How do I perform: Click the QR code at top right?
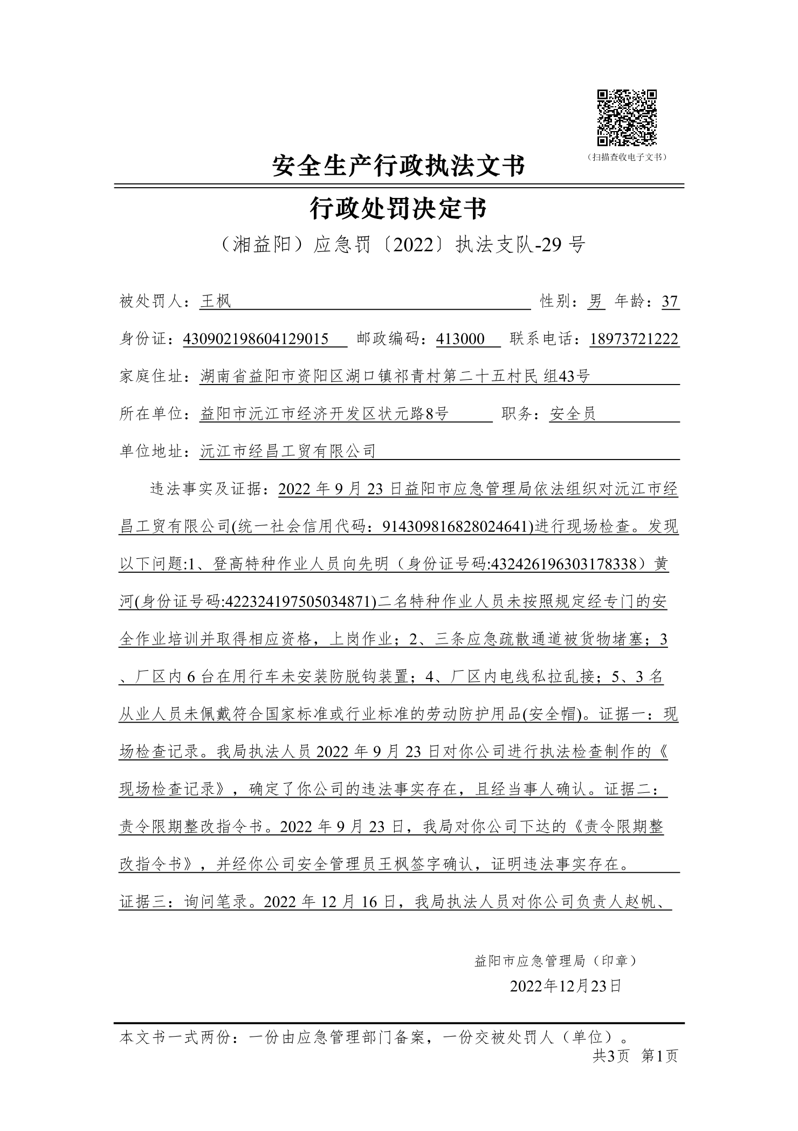tap(627, 118)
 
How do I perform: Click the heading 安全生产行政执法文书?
tap(398, 165)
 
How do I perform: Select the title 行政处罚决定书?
tap(398, 208)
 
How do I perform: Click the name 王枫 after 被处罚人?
tap(215, 301)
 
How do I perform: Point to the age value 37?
tap(670, 301)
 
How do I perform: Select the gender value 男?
tap(596, 301)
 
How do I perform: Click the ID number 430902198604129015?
tap(256, 339)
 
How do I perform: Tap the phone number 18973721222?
tap(634, 339)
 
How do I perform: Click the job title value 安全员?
tap(573, 414)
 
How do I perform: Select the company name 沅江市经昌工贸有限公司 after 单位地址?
tap(287, 451)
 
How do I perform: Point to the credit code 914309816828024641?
tap(457, 526)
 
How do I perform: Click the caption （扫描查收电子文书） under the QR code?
tap(627, 157)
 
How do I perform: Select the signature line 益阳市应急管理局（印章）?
tap(556, 961)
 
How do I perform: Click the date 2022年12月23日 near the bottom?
tap(566, 986)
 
